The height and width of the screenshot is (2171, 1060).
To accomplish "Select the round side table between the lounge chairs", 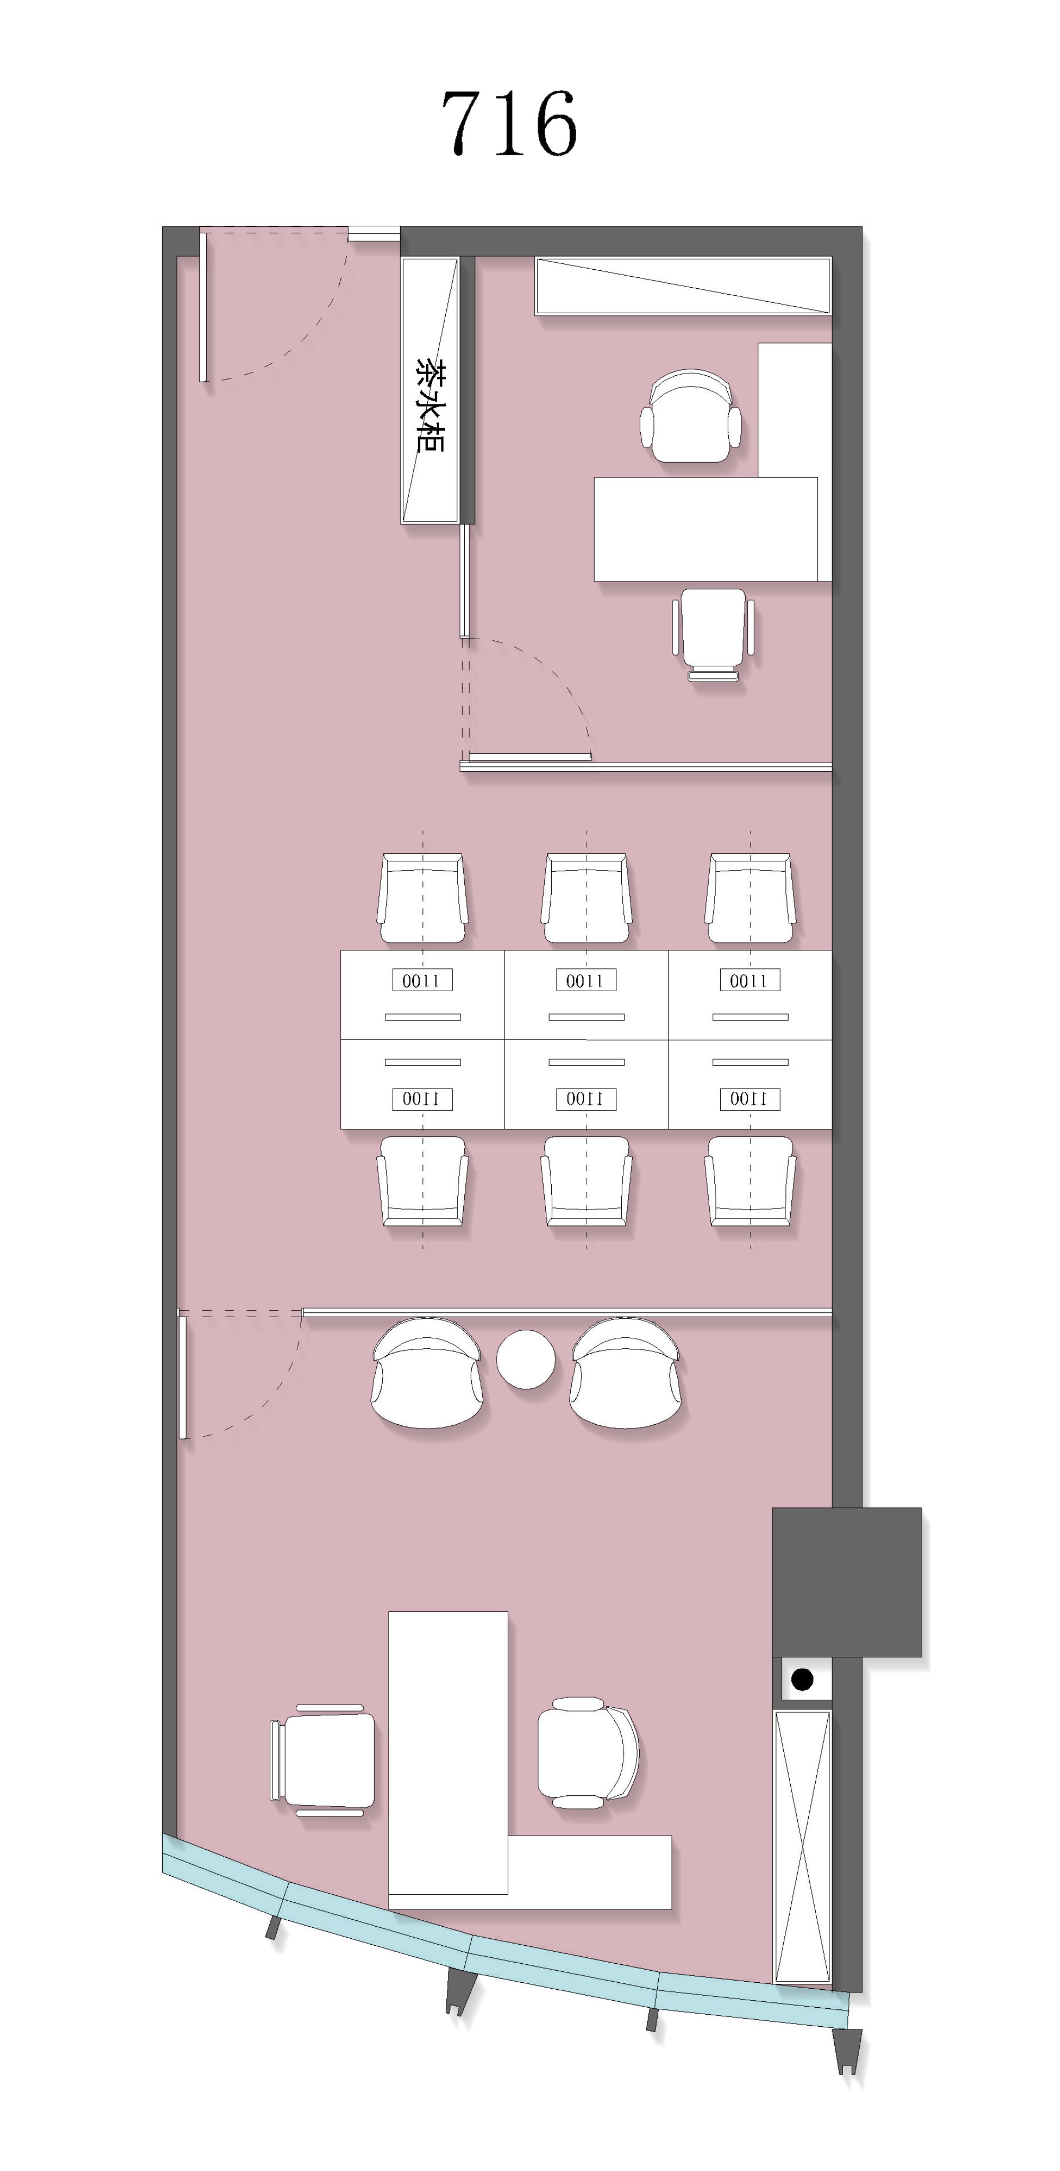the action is click(x=526, y=1358).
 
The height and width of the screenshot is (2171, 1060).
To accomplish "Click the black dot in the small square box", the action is click(x=802, y=1680).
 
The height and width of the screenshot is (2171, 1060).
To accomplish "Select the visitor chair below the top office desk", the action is click(x=713, y=634).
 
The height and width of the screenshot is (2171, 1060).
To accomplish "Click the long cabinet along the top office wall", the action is click(x=683, y=286).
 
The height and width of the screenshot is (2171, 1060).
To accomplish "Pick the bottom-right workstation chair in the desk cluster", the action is click(x=750, y=1180).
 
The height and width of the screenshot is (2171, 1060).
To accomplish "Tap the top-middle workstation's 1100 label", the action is click(x=586, y=980).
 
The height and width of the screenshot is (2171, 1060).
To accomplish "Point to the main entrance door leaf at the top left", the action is click(x=203, y=307).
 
